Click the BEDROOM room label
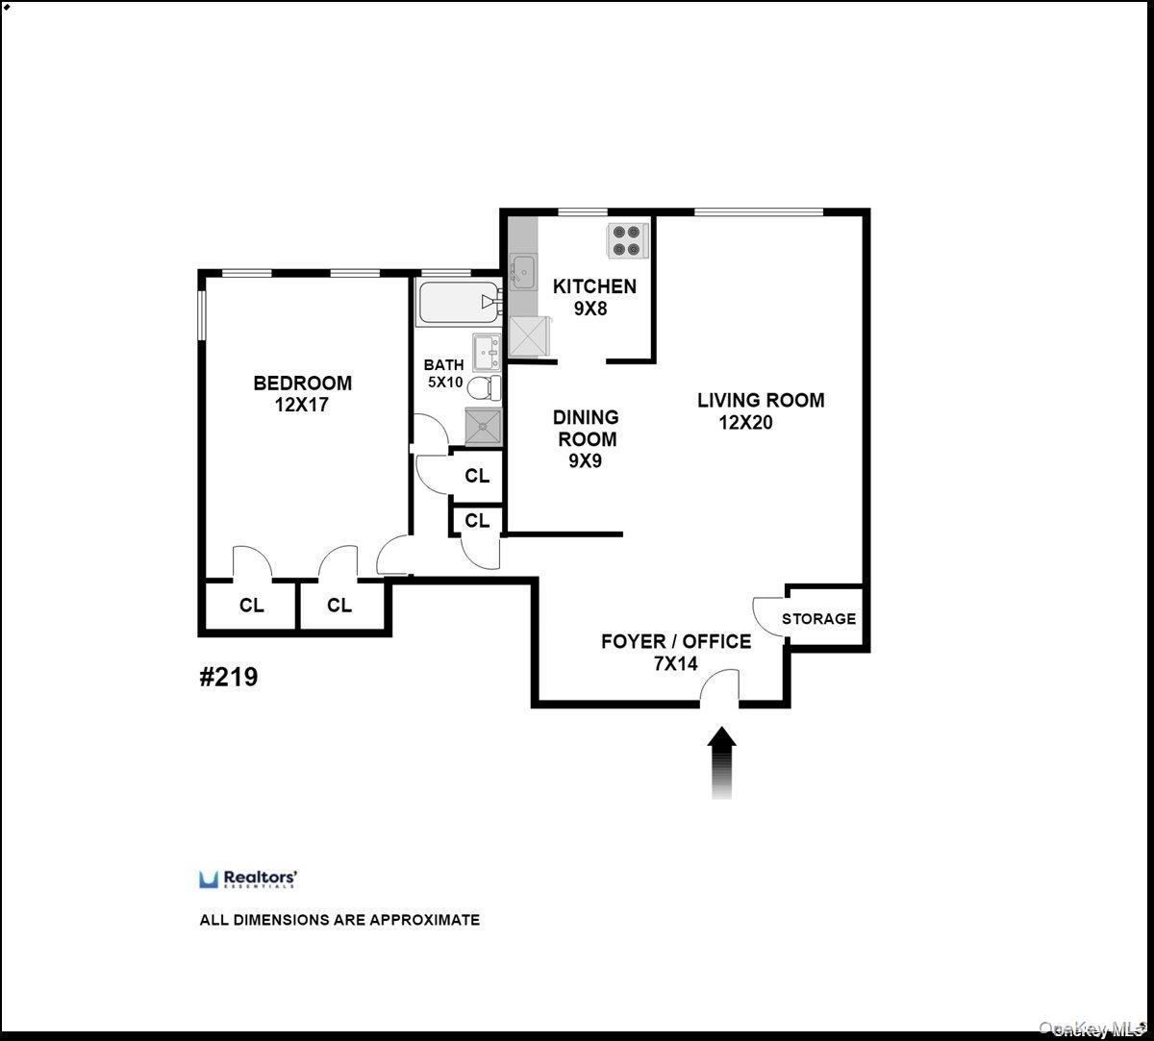click(x=302, y=383)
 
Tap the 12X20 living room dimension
click(x=745, y=422)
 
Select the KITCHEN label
click(x=594, y=285)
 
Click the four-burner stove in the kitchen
click(x=626, y=239)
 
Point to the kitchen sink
click(x=523, y=271)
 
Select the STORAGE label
click(x=818, y=619)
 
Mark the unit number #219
click(x=228, y=677)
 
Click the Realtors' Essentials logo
click(x=248, y=879)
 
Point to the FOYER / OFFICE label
click(x=676, y=641)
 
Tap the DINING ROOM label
click(x=585, y=428)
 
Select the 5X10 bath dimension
click(x=444, y=382)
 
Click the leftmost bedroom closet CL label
click(x=252, y=606)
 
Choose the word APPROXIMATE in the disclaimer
click(x=425, y=920)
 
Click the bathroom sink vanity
click(x=485, y=352)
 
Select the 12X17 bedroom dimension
click(x=302, y=405)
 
